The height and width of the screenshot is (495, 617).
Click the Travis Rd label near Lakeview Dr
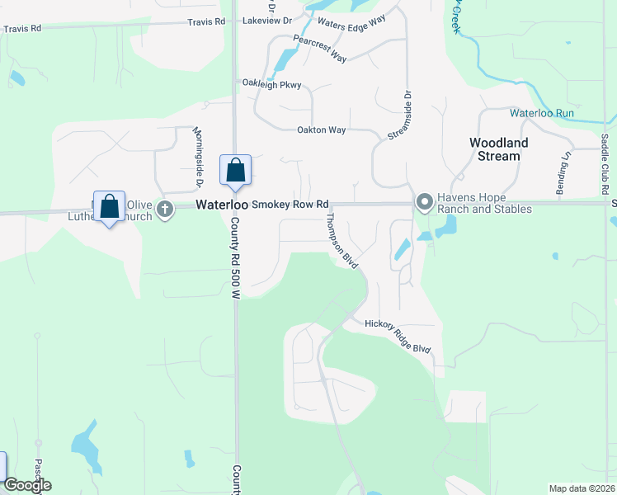tap(206, 21)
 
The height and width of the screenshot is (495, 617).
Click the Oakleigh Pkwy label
tap(271, 84)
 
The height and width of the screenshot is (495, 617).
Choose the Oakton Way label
tap(321, 130)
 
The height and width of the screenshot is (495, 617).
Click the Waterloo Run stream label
tap(541, 112)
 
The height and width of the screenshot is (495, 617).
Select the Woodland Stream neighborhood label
tap(499, 148)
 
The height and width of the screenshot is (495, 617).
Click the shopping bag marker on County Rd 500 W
tap(235, 170)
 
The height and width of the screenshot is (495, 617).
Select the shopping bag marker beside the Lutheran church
tap(109, 206)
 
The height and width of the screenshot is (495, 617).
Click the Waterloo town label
tap(222, 205)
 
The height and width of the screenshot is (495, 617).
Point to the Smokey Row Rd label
tap(290, 204)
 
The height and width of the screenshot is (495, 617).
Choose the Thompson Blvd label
tap(342, 240)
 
